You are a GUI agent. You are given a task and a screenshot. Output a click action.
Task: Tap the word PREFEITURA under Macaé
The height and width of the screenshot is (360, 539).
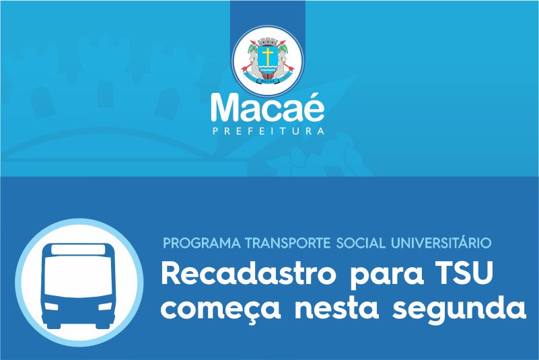(x=268, y=131)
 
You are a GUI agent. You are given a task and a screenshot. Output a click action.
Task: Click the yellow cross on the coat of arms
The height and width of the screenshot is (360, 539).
(x=268, y=56)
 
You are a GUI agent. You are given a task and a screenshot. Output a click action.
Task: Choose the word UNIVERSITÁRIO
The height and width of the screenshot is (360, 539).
(x=441, y=242)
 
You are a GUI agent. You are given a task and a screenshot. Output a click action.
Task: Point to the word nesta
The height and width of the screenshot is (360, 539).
(x=337, y=307)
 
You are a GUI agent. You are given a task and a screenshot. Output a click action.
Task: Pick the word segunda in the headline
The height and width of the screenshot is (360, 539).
(x=460, y=308)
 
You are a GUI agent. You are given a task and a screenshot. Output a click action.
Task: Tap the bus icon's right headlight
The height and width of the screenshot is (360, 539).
(x=106, y=305)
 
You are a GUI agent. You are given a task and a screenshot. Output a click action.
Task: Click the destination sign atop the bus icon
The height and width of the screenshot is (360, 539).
(x=78, y=249)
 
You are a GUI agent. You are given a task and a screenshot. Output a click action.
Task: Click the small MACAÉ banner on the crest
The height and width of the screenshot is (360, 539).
(x=268, y=81)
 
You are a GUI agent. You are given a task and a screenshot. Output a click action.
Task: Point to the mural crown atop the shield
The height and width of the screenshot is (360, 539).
(x=268, y=42)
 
